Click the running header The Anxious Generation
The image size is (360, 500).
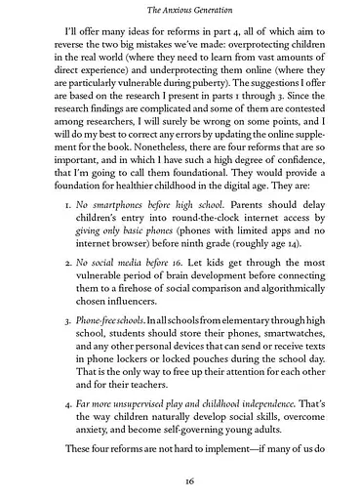(x=180, y=10)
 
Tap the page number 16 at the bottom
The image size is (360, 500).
(x=180, y=481)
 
